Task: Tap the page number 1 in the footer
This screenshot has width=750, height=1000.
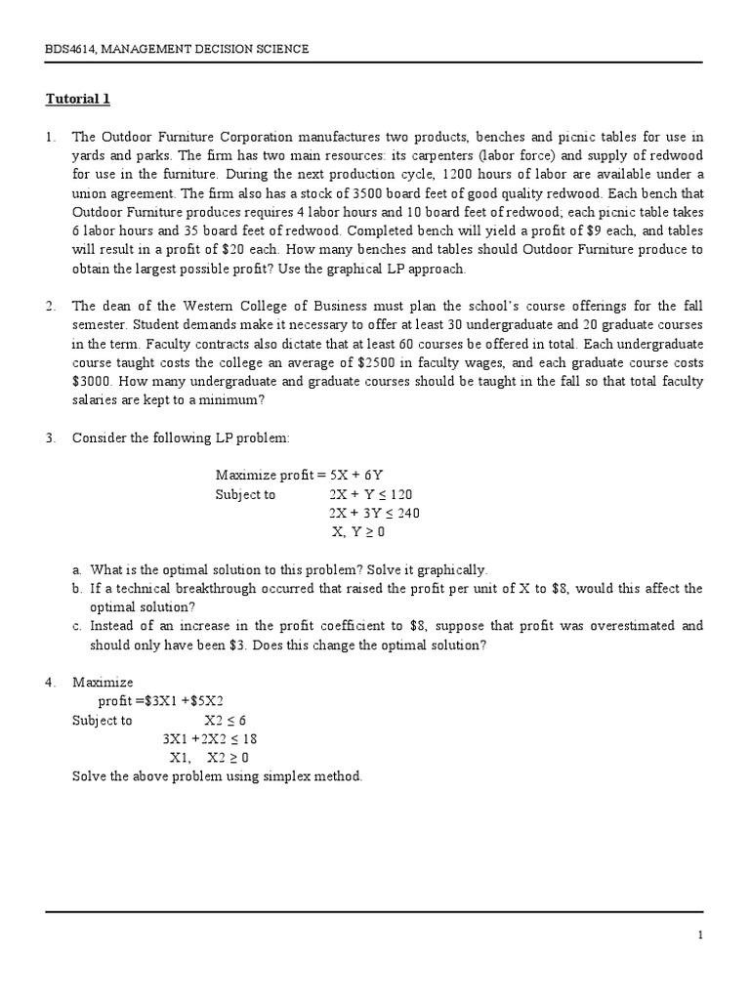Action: click(x=700, y=936)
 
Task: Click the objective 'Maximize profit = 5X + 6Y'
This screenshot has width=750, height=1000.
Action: click(x=293, y=476)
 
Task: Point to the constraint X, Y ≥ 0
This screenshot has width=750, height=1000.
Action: click(x=359, y=532)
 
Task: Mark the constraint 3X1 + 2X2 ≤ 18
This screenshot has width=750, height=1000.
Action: click(x=210, y=739)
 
